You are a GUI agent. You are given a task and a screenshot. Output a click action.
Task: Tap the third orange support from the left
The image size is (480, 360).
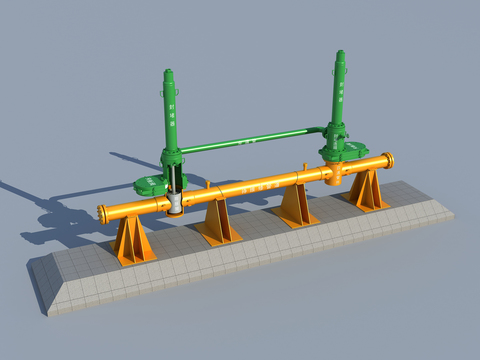tap(295, 204)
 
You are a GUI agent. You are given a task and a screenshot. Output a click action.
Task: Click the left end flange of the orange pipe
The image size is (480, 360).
tap(102, 213)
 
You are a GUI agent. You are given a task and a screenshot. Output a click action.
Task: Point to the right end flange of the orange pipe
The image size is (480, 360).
tap(388, 160)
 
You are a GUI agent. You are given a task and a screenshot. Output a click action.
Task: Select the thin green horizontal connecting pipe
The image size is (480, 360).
tap(250, 142)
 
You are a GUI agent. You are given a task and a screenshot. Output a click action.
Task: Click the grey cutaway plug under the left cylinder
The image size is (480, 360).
tap(177, 203)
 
